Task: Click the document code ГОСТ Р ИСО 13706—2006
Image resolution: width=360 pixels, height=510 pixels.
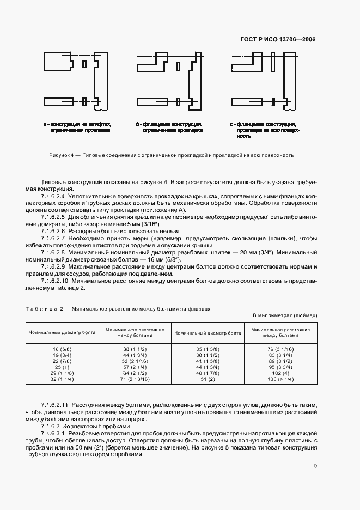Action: pos(278,39)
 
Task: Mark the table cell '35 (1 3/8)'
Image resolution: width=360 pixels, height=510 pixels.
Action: pos(208,348)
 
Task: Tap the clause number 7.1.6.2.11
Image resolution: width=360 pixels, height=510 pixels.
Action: pos(55,405)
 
